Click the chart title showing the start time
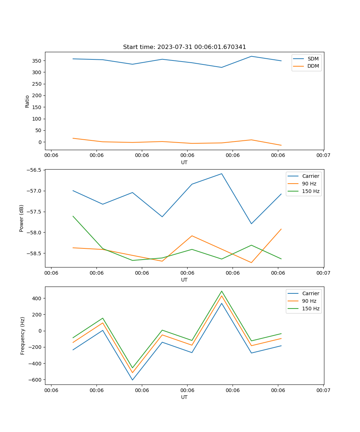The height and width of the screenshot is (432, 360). point(184,47)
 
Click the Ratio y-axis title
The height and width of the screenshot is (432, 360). point(27,101)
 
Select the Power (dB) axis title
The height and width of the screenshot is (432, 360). point(22,218)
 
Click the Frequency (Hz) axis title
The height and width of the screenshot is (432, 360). point(23,336)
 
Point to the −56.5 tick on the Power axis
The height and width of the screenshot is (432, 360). point(34,170)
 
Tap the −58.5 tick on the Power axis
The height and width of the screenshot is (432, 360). point(34,253)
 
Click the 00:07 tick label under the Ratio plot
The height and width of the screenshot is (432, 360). point(323,156)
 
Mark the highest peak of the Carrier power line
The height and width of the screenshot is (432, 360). point(222,174)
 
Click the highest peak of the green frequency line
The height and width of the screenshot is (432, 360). point(222,291)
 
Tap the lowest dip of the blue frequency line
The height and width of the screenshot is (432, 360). point(132,380)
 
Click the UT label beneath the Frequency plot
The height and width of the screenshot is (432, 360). point(184,397)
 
